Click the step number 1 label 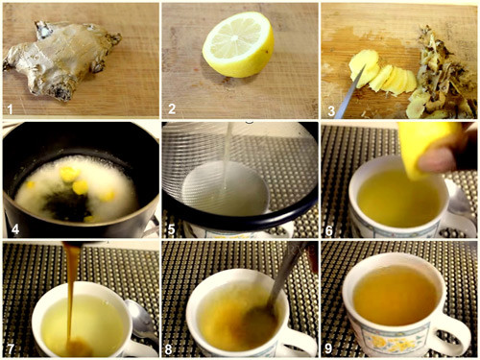10,109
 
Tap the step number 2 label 172,108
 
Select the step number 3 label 331,111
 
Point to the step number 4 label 15,229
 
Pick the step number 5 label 172,229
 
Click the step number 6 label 329,230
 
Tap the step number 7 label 11,348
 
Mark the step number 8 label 169,349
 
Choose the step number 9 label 328,348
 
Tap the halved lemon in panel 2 238,45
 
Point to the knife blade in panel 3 350,91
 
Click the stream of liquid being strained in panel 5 227,156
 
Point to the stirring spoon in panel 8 276,288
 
